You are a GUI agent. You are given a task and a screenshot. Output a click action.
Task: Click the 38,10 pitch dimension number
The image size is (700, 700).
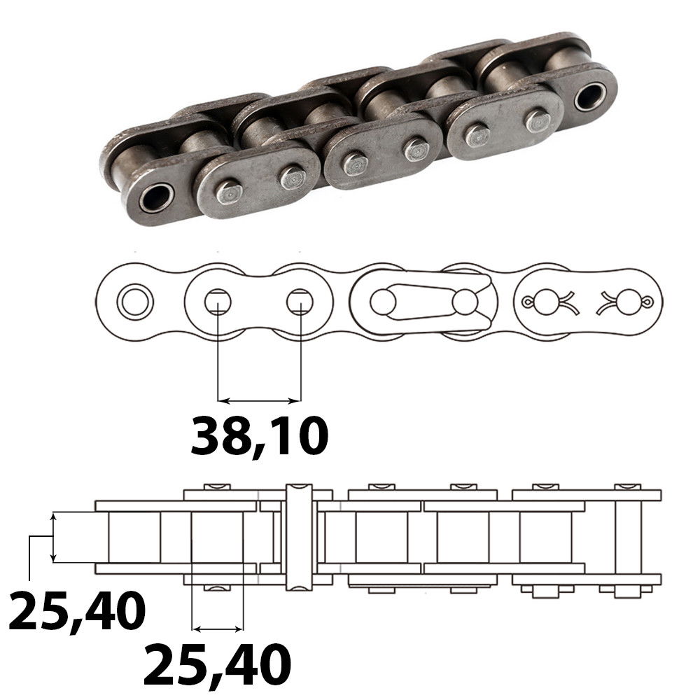[x=259, y=435]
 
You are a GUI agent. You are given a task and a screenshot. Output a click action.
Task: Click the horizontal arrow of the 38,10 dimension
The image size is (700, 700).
[x=259, y=401]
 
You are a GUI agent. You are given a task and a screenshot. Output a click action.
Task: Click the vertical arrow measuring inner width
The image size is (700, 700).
[x=53, y=537]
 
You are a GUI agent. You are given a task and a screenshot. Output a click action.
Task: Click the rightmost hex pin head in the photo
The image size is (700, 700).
[x=538, y=121]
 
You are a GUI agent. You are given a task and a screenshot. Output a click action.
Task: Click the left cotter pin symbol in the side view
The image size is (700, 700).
[x=542, y=302]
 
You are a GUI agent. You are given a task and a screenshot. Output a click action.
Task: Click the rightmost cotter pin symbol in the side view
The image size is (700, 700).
[x=627, y=302]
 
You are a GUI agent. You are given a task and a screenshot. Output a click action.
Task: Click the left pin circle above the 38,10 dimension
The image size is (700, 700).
[x=217, y=302]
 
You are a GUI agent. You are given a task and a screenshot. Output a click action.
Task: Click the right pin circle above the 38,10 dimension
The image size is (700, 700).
[x=300, y=302]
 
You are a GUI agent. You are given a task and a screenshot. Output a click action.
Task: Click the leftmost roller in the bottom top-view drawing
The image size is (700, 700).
[x=134, y=536]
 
